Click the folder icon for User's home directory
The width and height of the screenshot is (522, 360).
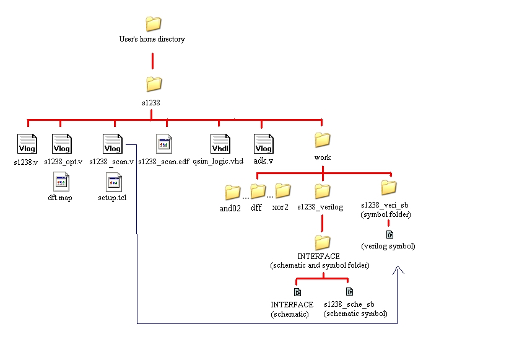tap(153, 24)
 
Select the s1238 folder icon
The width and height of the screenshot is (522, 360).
tap(153, 84)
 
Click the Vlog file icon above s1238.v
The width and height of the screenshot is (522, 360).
tap(27, 144)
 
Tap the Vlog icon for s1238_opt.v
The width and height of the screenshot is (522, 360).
tap(62, 144)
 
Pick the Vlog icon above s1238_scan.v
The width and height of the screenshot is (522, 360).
tap(112, 144)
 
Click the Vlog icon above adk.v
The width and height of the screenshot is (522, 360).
tap(264, 144)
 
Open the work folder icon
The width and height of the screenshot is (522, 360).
tap(322, 139)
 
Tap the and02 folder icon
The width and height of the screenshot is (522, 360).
tap(232, 192)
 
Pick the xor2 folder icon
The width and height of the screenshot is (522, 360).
tap(282, 190)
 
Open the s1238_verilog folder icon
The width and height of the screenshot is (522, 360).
tap(322, 191)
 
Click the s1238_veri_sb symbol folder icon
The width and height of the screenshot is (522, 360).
tap(388, 187)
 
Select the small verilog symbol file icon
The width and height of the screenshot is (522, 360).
tap(389, 234)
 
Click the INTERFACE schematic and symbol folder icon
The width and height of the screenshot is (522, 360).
tap(322, 242)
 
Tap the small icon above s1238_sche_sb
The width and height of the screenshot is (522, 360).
tap(349, 292)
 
